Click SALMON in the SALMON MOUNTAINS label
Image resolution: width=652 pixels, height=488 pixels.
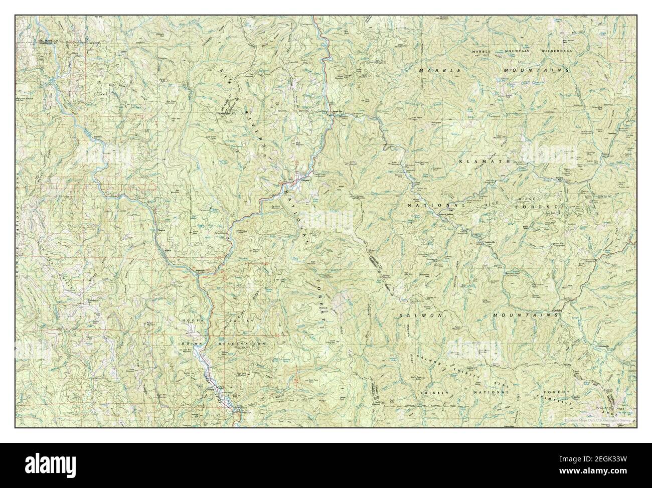(421, 315)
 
